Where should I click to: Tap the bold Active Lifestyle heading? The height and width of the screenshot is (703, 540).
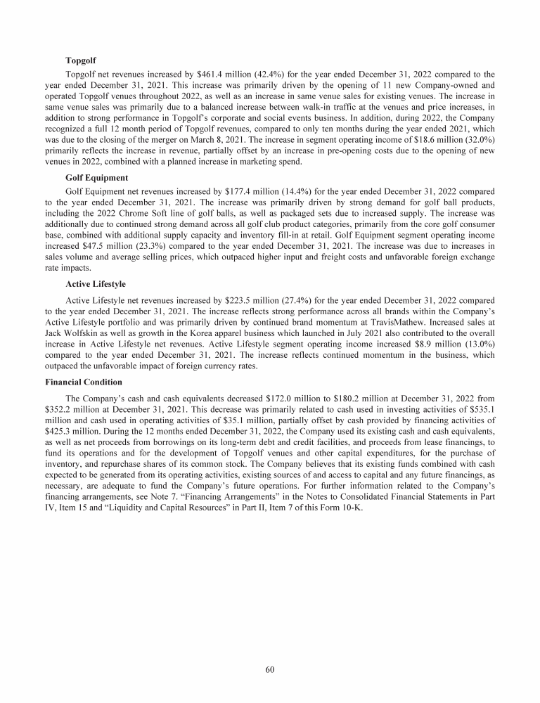96,285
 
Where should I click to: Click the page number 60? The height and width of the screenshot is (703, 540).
270,669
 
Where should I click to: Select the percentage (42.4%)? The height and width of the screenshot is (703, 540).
257,74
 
